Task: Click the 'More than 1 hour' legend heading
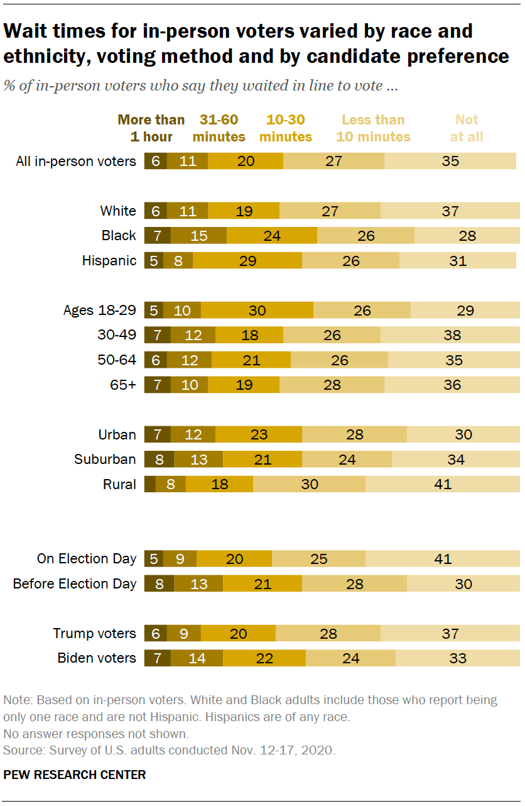coord(151,128)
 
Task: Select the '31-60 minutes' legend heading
coord(219,128)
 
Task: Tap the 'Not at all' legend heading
coord(467,128)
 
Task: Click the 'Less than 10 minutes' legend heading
coord(373,128)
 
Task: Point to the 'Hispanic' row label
coord(109,260)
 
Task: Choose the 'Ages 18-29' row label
coord(99,311)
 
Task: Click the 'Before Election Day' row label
coord(75,584)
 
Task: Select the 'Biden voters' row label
coord(97,658)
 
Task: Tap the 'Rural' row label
coord(119,484)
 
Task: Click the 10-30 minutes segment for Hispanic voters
coord(247,260)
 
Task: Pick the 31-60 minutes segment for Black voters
coord(198,236)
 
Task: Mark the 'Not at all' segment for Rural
coord(442,484)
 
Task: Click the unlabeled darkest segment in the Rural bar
coord(149,484)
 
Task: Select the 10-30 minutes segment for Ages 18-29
coord(257,311)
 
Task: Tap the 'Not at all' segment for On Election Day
coord(442,559)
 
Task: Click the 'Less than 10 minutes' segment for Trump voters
coord(328,634)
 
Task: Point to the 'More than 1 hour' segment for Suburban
coord(159,460)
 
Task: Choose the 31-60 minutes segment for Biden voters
coord(197,658)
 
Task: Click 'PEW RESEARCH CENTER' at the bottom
coord(75,775)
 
